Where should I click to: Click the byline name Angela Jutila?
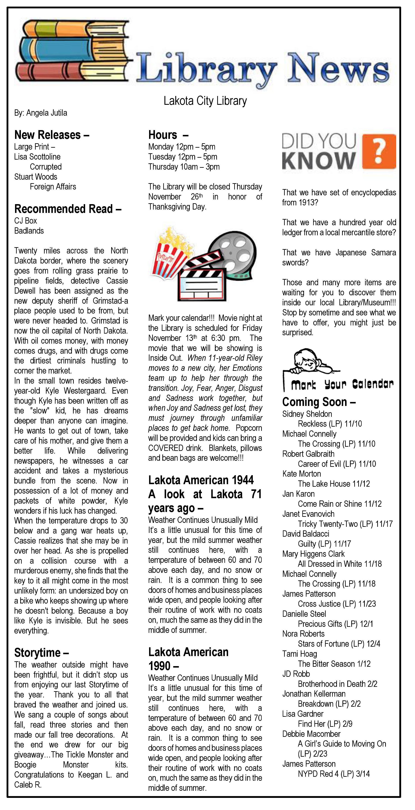[47, 113]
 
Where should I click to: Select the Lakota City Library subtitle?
[205, 101]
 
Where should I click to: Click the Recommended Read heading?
[67, 209]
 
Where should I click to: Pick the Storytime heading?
[41, 653]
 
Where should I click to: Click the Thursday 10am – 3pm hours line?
[184, 167]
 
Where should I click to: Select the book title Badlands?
[29, 231]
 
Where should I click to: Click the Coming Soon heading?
[319, 402]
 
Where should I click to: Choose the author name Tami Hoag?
[300, 654]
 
